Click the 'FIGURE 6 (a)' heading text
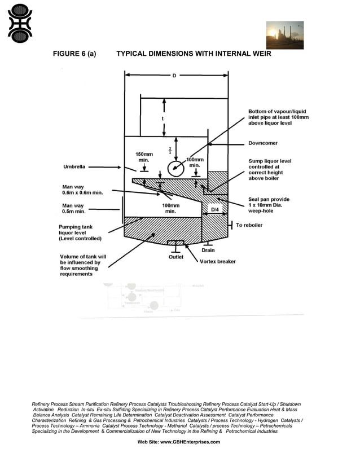pyautogui.click(x=74, y=54)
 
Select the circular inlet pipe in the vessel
pyautogui.click(x=175, y=167)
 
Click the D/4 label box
pyautogui.click(x=215, y=209)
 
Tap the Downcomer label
pyautogui.click(x=263, y=143)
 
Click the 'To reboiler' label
pyautogui.click(x=249, y=225)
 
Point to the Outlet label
pyautogui.click(x=176, y=257)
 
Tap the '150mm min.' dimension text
pyautogui.click(x=144, y=157)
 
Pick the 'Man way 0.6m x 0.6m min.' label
pyautogui.click(x=83, y=190)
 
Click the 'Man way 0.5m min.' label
pyautogui.click(x=74, y=209)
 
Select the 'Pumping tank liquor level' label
pyautogui.click(x=80, y=232)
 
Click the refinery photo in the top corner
pyautogui.click(x=284, y=35)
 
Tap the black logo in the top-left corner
pyautogui.click(x=20, y=23)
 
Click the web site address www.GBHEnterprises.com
pyautogui.click(x=179, y=442)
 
